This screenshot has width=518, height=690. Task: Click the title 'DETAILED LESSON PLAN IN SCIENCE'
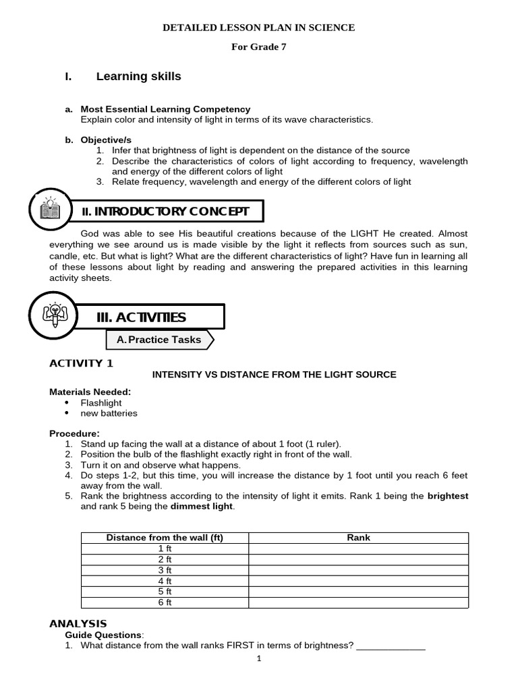coord(259,28)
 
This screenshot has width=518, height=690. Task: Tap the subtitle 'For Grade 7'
coord(260,47)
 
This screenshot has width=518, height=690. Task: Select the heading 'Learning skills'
coord(138,77)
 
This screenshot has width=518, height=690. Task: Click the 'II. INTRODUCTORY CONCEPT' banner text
coord(165,212)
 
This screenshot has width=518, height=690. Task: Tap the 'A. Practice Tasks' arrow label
coord(159,340)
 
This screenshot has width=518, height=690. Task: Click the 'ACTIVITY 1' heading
coord(82,363)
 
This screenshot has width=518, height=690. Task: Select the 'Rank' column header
coord(358,538)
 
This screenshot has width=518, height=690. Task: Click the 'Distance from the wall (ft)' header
coord(165,538)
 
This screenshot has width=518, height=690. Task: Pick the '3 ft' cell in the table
coord(165,570)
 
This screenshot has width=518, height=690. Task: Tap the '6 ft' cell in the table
coord(165,602)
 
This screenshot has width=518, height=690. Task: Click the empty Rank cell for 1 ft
coord(358,548)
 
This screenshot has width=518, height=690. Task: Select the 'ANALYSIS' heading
coord(78,624)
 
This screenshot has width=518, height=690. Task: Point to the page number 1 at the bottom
coord(258,677)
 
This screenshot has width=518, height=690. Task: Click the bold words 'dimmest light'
coord(202,506)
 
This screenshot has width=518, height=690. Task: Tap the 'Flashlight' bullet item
coord(101,403)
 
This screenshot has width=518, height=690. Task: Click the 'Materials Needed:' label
coord(90,391)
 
